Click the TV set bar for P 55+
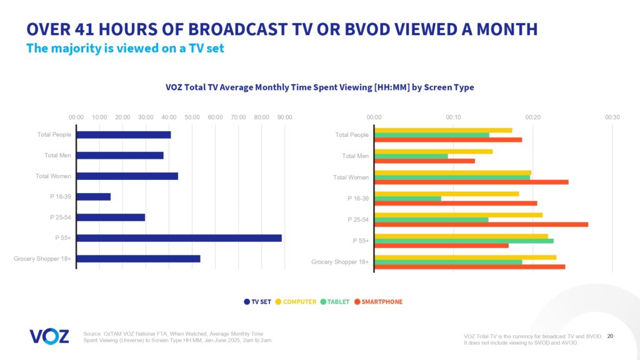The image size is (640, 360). click(179, 238)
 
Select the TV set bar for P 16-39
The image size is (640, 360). click(93, 197)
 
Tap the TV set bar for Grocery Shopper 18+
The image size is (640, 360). click(138, 259)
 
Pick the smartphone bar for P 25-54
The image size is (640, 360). click(481, 224)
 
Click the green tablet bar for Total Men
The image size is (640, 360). click(411, 156)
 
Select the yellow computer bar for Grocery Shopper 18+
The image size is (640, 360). click(465, 257)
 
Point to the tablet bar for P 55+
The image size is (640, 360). click(464, 241)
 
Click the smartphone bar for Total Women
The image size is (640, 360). click(471, 182)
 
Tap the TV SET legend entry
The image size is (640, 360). click(257, 302)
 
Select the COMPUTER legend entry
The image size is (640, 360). click(296, 302)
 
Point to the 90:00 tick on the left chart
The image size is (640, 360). click(284, 117)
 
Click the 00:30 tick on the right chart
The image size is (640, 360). click(612, 117)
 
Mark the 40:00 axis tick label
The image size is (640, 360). click(169, 117)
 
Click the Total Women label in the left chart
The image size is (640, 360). click(53, 176)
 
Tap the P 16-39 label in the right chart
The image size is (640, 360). click(358, 199)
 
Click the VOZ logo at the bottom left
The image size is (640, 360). click(49, 336)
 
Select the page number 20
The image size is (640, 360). click(610, 336)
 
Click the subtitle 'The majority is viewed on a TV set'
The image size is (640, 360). click(125, 49)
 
